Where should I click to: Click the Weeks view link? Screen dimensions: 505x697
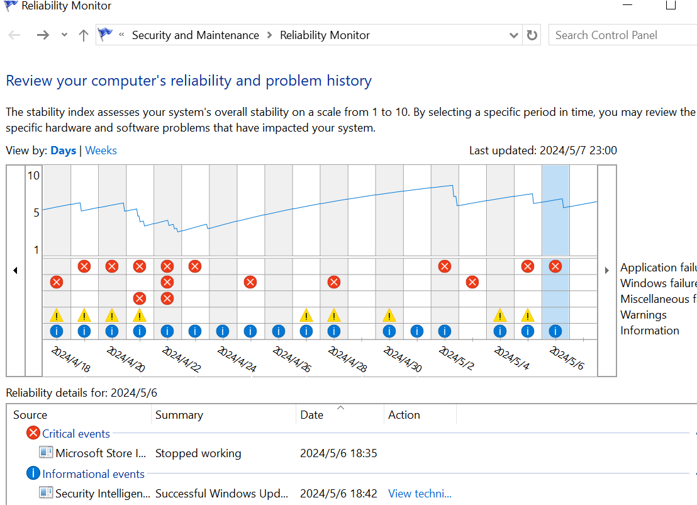(101, 150)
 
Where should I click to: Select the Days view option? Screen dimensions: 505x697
(64, 150)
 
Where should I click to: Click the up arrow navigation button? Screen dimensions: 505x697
(83, 35)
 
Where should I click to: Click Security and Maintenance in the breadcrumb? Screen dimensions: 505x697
(195, 35)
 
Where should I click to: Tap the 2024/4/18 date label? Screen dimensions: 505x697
(70, 359)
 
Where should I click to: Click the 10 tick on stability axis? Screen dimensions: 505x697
(33, 176)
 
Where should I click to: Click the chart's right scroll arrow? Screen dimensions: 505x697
(606, 270)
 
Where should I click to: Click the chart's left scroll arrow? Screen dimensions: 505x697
(15, 270)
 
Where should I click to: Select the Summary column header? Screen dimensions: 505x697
(179, 415)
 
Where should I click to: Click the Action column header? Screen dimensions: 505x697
(404, 415)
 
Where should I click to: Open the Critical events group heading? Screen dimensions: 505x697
(75, 434)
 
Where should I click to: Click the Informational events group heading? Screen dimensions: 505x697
(93, 474)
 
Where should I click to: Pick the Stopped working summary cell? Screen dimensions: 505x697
(198, 453)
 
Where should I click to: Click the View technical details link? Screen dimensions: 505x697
(420, 494)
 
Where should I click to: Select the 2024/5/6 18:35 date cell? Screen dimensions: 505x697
(338, 453)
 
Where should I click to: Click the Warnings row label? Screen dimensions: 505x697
(644, 315)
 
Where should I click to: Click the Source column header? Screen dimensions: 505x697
(30, 415)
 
